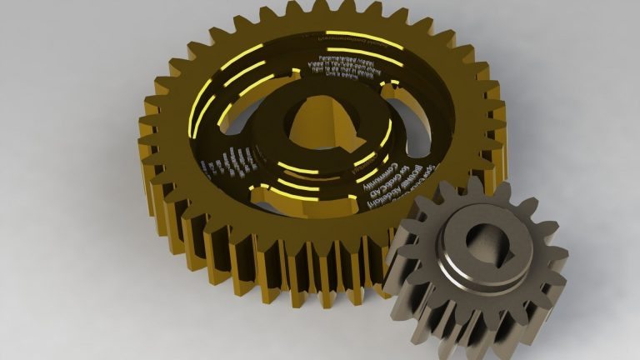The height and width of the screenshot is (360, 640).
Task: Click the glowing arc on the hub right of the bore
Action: [385, 133]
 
